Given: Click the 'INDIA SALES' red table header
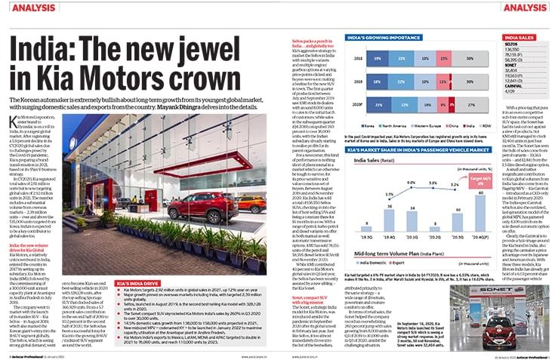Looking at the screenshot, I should [x=522, y=37].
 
